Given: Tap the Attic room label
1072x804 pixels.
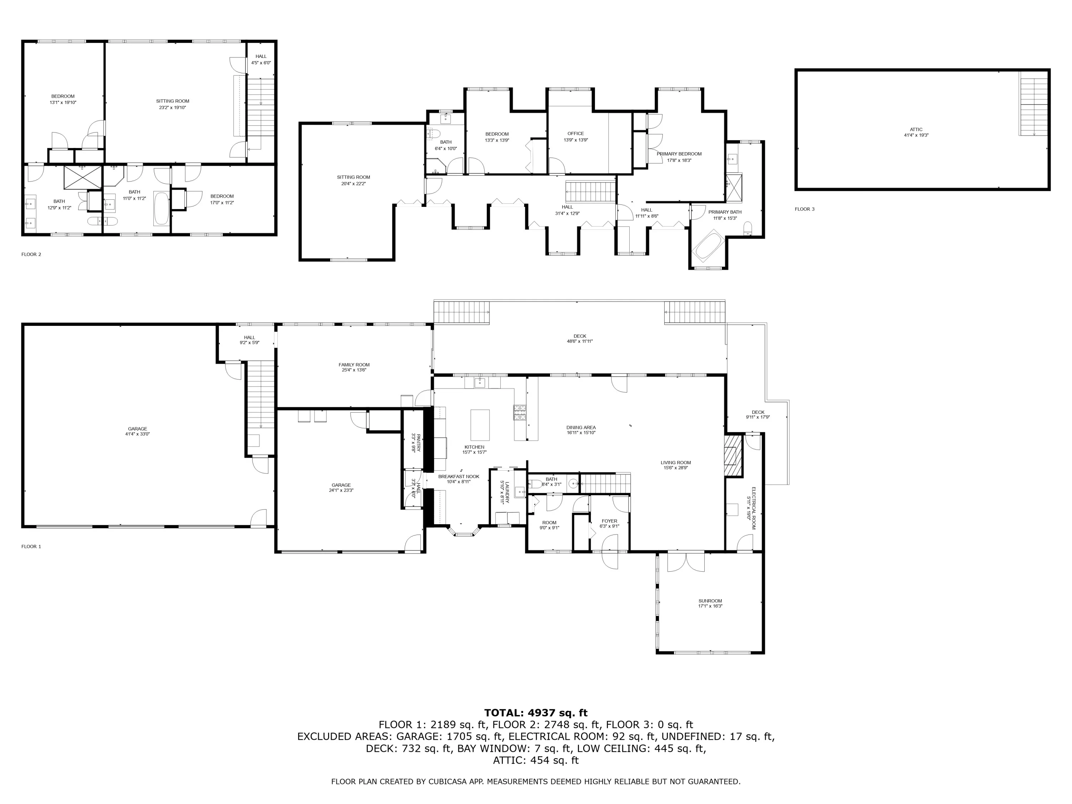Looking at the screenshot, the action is click(916, 132).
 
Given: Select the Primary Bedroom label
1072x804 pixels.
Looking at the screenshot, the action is click(679, 157).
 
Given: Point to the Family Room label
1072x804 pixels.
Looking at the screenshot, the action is click(354, 367).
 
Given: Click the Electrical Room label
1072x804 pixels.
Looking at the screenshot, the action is click(751, 503).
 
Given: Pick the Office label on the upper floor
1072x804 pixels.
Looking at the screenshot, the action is click(576, 137).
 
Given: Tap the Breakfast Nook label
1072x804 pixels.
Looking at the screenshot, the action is click(458, 479).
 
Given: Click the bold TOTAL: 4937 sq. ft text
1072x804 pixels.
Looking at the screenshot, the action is click(536, 713).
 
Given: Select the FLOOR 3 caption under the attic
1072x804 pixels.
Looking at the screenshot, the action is click(804, 209).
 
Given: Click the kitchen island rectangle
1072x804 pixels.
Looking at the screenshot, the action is click(480, 425).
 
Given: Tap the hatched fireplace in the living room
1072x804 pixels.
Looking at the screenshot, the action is click(733, 456).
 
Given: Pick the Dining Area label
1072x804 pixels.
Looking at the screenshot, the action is click(581, 430).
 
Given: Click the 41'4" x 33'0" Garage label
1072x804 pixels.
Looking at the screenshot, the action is click(138, 431).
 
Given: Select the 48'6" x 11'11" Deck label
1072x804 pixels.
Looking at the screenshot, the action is click(580, 338).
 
